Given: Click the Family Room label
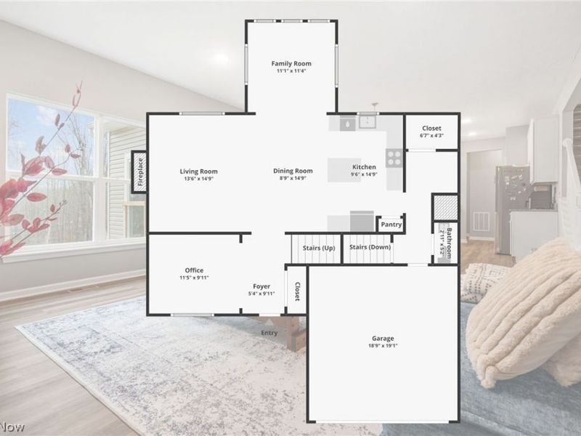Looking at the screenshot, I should pyautogui.click(x=291, y=63).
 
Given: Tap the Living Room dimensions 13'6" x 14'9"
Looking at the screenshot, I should pyautogui.click(x=198, y=178).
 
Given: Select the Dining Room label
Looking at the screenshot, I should pyautogui.click(x=293, y=171).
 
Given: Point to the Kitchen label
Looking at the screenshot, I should pyautogui.click(x=364, y=167).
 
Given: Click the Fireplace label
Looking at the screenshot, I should pyautogui.click(x=140, y=171).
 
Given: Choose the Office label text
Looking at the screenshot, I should pyautogui.click(x=194, y=270).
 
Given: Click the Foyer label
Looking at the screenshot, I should pyautogui.click(x=261, y=286).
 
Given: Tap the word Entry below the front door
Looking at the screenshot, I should pyautogui.click(x=269, y=333).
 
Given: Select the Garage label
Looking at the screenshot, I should pyautogui.click(x=383, y=339).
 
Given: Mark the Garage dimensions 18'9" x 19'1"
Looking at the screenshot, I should pyautogui.click(x=383, y=346).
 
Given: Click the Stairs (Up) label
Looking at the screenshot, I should pyautogui.click(x=319, y=248).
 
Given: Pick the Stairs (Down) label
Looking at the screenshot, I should pyautogui.click(x=369, y=248).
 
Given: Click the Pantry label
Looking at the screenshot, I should pyautogui.click(x=391, y=225).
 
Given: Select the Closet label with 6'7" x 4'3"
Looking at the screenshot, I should pyautogui.click(x=431, y=129).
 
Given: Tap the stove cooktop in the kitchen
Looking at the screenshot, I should pyautogui.click(x=394, y=157).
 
